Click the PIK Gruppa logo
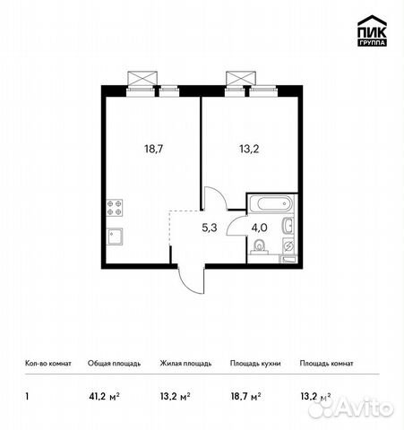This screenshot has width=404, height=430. click(x=372, y=30)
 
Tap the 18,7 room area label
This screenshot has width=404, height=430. click(x=154, y=149)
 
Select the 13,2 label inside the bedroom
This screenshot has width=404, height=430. click(x=249, y=149)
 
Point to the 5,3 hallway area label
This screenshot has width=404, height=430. click(x=210, y=228)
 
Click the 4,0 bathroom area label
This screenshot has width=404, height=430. click(x=259, y=228)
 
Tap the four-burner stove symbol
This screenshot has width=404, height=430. click(x=115, y=208)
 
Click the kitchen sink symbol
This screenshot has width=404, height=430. click(x=115, y=236)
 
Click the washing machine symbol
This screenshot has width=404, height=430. click(x=288, y=246)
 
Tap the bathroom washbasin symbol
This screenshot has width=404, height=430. click(x=288, y=226)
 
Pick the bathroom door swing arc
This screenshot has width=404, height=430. click(x=234, y=224)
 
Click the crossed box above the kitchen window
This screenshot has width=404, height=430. click(x=142, y=78)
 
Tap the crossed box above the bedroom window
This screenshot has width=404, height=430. click(x=241, y=78)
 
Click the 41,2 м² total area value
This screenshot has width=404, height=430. click(x=104, y=397)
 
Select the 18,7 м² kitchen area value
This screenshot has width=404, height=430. click(x=245, y=397)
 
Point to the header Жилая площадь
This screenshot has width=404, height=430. click(x=185, y=364)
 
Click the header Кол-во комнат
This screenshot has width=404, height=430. click(x=48, y=364)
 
